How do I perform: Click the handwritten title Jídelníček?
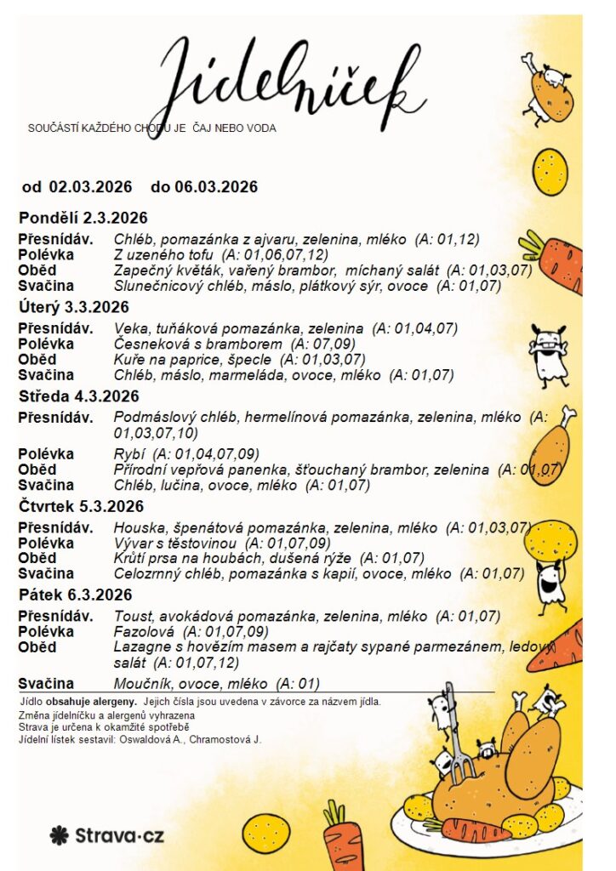pos(289,77)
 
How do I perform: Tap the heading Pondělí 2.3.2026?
pos(83,218)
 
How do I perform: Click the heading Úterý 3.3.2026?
pos(74,307)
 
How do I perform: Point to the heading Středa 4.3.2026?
pos(79,396)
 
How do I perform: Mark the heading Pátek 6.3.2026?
pos(76,595)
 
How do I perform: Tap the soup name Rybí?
pos(130,454)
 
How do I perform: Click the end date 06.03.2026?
pos(217,187)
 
